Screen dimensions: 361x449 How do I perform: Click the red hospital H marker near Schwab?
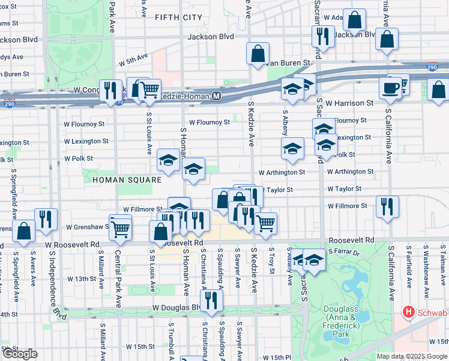coord(409,313)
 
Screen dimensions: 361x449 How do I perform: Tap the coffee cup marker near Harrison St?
coord(390,87)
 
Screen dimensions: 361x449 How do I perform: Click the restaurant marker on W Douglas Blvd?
coord(210,299)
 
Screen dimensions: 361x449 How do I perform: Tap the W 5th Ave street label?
coord(133,60)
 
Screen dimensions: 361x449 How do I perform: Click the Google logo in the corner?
coord(20,354)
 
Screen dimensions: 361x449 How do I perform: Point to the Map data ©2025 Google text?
coord(412,356)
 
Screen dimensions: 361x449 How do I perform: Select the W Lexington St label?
coord(86,141)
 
